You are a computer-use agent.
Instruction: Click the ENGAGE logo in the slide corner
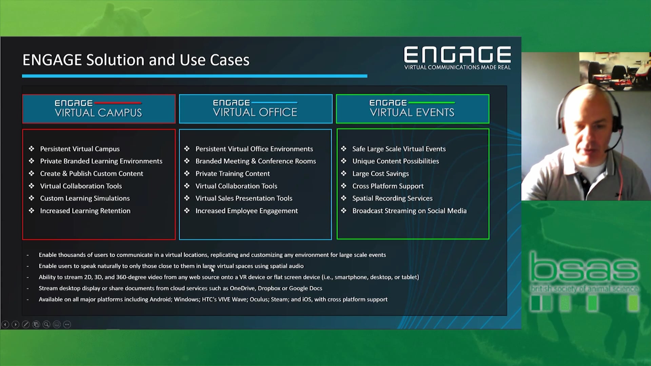pos(457,58)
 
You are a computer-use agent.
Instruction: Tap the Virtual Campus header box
pos(99,109)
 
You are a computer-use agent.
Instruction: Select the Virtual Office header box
pos(256,109)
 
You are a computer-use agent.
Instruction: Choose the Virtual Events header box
pos(413,109)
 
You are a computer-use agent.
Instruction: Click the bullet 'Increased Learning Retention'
pos(85,211)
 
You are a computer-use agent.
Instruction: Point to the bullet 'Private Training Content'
pos(233,174)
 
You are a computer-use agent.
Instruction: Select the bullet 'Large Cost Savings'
pos(380,174)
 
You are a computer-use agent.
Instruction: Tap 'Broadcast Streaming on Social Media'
pos(409,211)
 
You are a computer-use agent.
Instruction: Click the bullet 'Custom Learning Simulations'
pos(85,198)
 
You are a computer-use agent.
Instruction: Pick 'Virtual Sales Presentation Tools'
pos(244,198)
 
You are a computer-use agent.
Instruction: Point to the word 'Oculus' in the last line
pos(259,300)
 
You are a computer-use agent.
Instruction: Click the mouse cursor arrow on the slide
pos(213,270)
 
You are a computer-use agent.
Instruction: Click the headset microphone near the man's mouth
pos(609,149)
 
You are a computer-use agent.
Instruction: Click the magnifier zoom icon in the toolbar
pos(46,325)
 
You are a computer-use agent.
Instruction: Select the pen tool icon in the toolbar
pos(26,325)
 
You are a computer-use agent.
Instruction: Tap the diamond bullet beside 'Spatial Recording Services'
pos(344,198)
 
